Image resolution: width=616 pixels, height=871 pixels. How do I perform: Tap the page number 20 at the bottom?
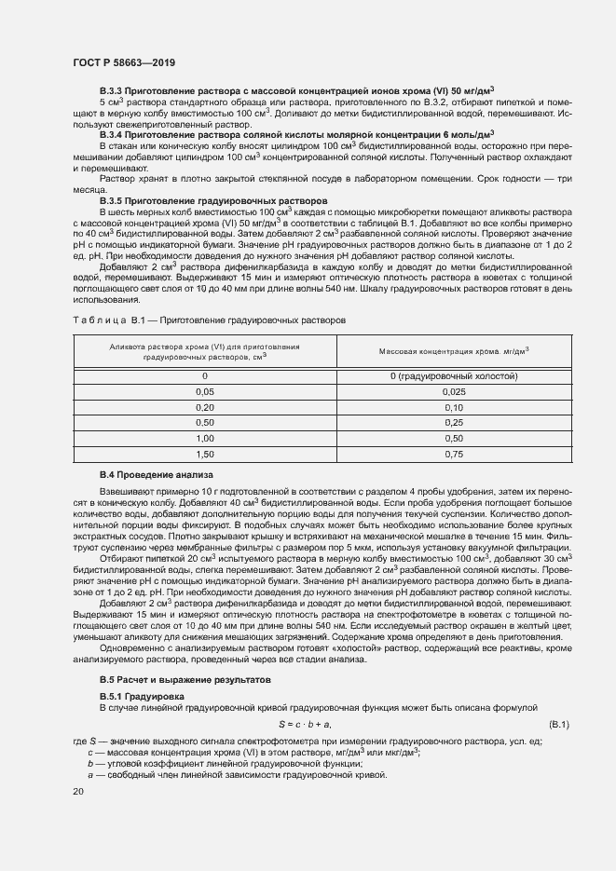point(78,791)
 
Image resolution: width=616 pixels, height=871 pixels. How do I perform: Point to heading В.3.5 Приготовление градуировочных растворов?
point(213,200)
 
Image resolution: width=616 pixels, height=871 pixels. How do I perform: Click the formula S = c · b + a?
point(306,724)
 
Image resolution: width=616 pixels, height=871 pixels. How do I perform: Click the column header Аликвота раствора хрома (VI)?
point(204,351)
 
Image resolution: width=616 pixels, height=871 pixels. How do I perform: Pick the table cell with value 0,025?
point(453,392)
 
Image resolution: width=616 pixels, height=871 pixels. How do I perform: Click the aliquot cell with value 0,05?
point(204,392)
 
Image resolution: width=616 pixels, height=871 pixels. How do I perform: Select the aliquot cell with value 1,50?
point(204,454)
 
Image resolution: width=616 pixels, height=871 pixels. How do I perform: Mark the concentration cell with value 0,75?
point(453,454)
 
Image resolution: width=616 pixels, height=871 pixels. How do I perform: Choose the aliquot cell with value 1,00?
point(204,438)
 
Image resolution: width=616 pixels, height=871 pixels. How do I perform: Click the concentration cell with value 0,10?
point(453,408)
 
